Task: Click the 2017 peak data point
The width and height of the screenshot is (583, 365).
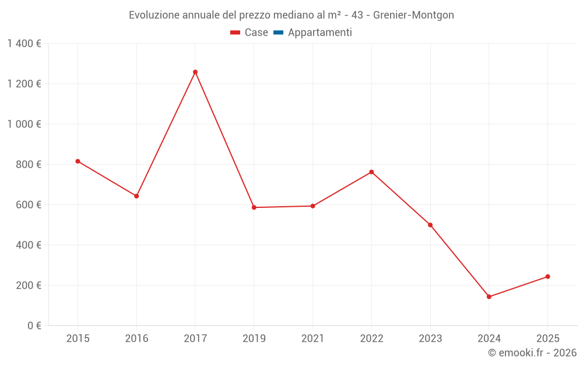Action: click(x=195, y=72)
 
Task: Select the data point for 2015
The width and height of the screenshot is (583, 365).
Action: click(x=78, y=161)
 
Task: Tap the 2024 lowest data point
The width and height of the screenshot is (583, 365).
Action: click(x=489, y=297)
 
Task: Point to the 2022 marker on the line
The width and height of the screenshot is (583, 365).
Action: click(x=371, y=172)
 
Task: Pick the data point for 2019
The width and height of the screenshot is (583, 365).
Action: click(x=254, y=207)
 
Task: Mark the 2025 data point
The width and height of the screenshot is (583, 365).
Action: click(x=548, y=277)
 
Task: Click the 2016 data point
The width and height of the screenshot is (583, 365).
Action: click(x=136, y=196)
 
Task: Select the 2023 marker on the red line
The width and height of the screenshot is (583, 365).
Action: click(x=430, y=225)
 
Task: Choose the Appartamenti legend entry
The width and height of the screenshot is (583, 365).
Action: click(x=319, y=33)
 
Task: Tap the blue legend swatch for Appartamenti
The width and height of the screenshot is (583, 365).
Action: click(x=278, y=33)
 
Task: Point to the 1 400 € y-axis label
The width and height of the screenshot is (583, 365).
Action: click(x=24, y=44)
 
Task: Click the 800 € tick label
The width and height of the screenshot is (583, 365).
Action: click(x=28, y=165)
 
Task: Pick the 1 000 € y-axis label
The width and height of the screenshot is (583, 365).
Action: click(x=24, y=124)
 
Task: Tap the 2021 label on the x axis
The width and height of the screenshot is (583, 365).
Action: click(x=312, y=338)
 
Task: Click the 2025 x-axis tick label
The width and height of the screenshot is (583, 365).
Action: click(x=548, y=338)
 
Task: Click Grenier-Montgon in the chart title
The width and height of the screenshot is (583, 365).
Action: click(x=413, y=15)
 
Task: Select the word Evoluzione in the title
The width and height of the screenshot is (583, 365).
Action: click(x=155, y=15)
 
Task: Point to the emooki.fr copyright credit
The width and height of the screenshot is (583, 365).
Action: click(x=532, y=353)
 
